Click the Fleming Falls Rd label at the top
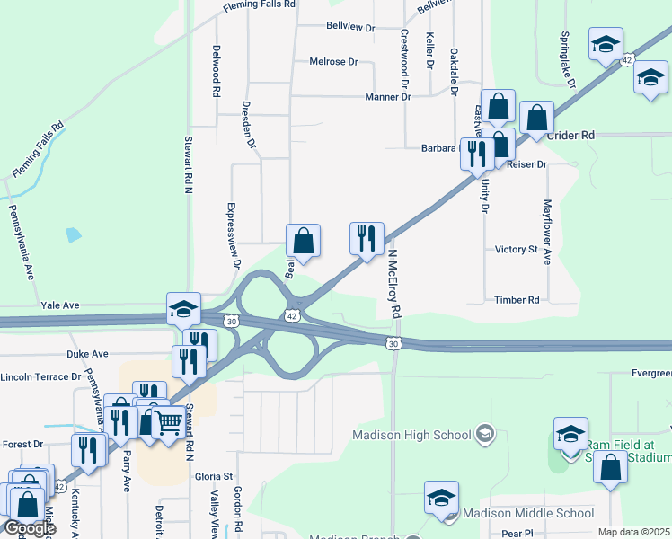pos(259,4)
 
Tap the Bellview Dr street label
pos(350,28)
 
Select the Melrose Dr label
pos(333,62)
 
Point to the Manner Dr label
pos(388,96)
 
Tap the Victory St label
pos(516,249)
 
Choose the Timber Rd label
pos(517,300)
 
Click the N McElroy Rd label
pos(393,284)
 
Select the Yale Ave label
pos(61,305)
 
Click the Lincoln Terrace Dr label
pos(41,376)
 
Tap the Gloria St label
pos(215,475)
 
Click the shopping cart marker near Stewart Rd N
pos(170,421)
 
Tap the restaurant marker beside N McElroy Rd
pos(367,239)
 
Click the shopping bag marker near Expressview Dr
pos(304,241)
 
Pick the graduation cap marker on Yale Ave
pos(183,309)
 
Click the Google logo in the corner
pos(29,528)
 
